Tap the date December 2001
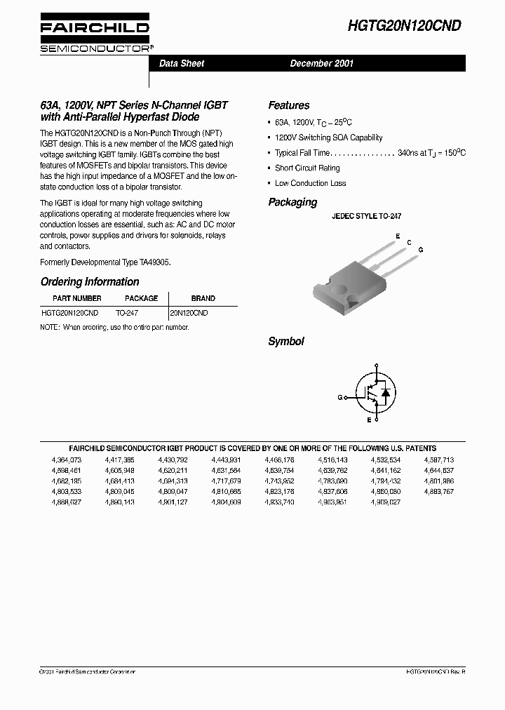point(322,63)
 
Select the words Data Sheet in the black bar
point(182,63)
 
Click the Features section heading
point(288,105)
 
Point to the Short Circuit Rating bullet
point(307,168)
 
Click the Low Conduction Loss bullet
point(310,183)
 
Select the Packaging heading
point(292,202)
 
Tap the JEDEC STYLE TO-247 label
point(366,217)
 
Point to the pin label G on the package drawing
point(420,250)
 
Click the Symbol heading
point(285,342)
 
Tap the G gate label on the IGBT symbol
point(339,397)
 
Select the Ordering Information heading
point(90,282)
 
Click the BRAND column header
point(203,298)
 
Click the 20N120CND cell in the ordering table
point(189,313)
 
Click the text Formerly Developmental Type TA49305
point(105,262)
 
